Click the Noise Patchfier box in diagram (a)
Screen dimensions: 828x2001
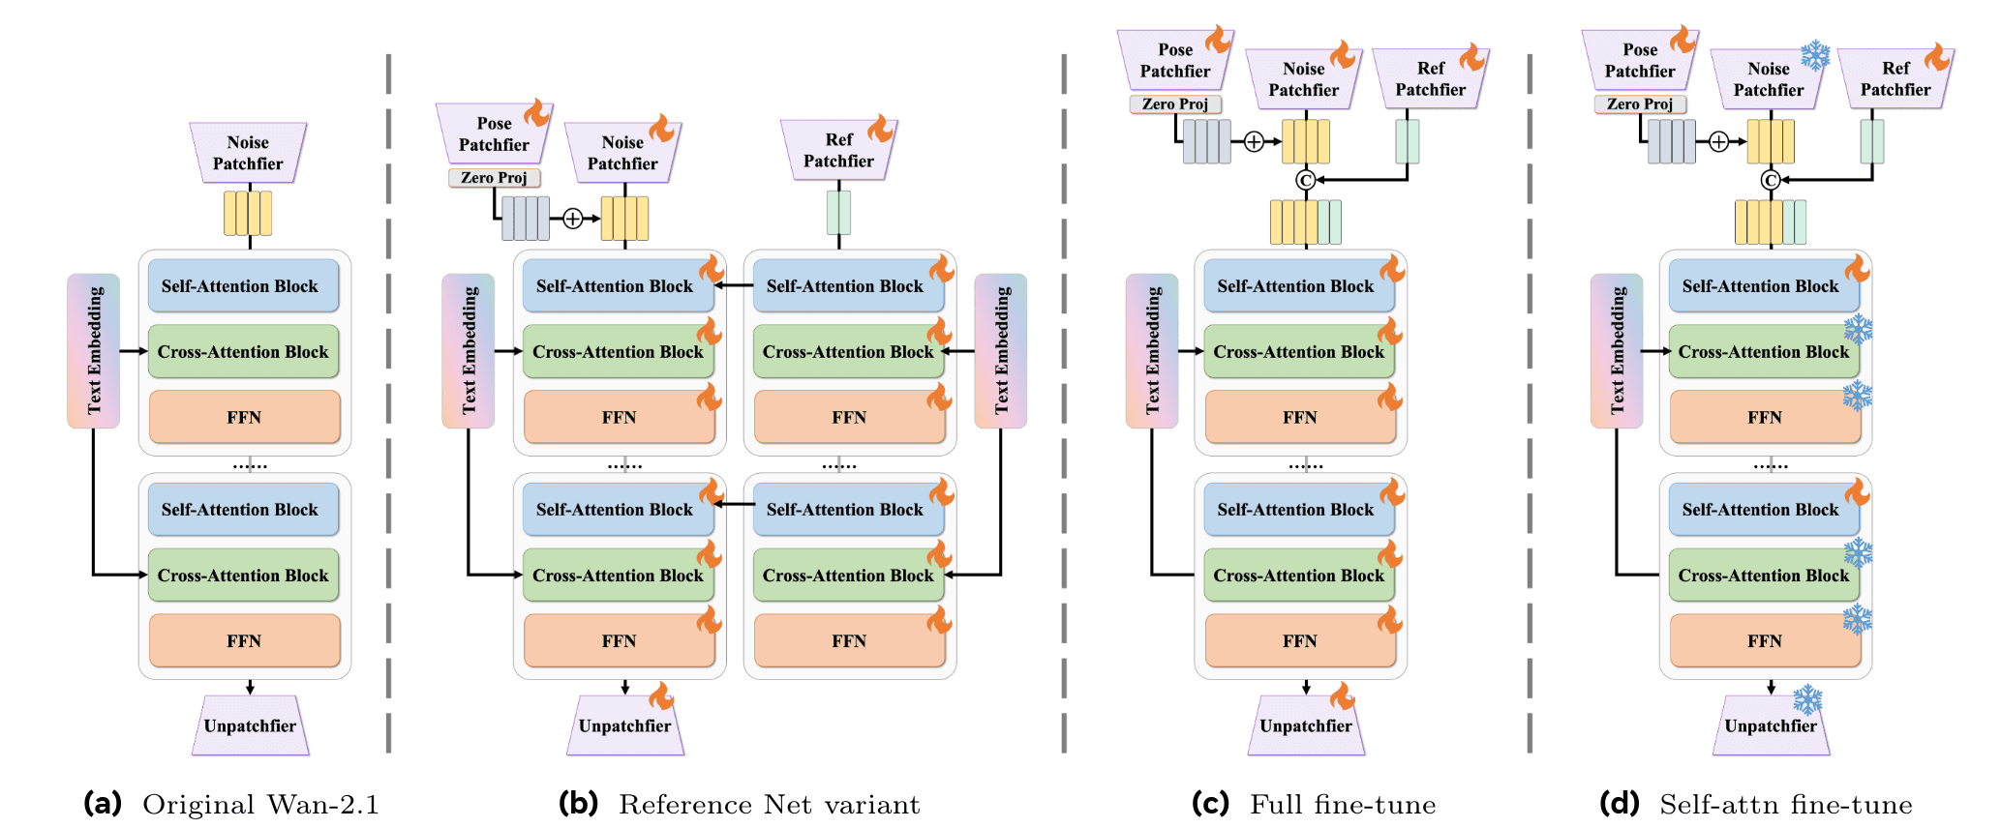point(248,153)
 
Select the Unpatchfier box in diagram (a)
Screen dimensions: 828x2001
point(250,725)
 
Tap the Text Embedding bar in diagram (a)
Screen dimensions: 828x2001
point(93,350)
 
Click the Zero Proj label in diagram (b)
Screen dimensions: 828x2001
point(494,178)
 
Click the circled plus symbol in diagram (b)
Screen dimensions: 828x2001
point(573,219)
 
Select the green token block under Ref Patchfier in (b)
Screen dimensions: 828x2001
point(838,213)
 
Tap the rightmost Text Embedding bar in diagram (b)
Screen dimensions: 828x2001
point(1000,350)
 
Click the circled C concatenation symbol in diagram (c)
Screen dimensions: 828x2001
point(1305,180)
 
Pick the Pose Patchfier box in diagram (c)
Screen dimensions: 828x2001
point(1174,60)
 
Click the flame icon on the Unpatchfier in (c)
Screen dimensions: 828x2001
point(1342,695)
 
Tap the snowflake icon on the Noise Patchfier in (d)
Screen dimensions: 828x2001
point(1815,55)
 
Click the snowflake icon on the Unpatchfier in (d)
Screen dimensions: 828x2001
point(1807,699)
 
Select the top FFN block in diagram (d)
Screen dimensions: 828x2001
point(1765,418)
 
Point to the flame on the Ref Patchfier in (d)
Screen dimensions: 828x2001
point(1937,56)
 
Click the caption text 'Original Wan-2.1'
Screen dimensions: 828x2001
point(260,805)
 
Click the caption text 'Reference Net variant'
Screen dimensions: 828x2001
point(769,805)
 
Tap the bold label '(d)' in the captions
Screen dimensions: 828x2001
point(1620,804)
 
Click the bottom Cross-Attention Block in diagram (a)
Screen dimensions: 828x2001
point(243,576)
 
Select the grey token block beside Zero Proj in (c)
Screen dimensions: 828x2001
point(1206,142)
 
